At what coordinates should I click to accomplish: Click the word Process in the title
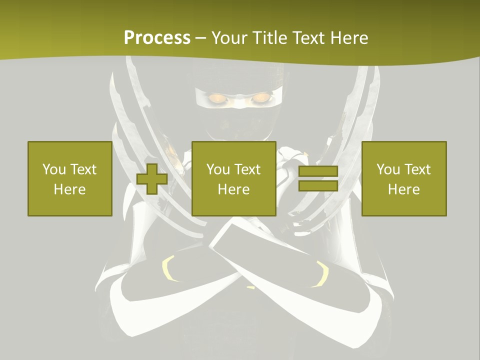(157, 38)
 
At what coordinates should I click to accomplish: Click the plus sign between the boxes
(152, 178)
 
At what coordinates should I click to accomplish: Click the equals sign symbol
(318, 178)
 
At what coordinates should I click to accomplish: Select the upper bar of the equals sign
(318, 171)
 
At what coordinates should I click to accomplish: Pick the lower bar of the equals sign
(318, 185)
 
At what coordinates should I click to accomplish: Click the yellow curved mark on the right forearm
(321, 274)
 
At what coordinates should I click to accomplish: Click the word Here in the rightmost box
(403, 189)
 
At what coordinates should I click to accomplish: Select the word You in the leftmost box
(53, 169)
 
